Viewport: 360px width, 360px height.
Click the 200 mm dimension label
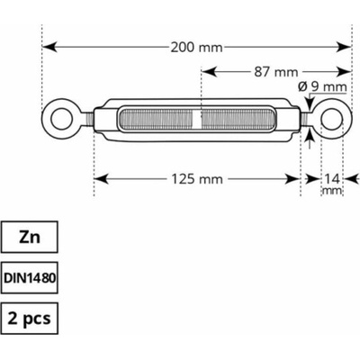pyautogui.click(x=196, y=48)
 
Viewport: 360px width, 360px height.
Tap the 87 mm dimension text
pyautogui.click(x=276, y=72)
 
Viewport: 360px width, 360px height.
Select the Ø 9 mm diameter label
pyautogui.click(x=322, y=87)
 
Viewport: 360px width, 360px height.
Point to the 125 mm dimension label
pyautogui.click(x=197, y=179)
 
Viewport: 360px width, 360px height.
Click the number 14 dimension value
pyautogui.click(x=331, y=179)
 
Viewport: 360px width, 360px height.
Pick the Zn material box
pyautogui.click(x=30, y=237)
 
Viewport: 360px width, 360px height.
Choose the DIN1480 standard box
pyautogui.click(x=30, y=278)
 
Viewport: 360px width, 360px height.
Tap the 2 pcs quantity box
pyautogui.click(x=30, y=319)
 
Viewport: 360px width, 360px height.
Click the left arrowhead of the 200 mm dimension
pyautogui.click(x=49, y=47)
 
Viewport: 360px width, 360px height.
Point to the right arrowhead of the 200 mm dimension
pyautogui.click(x=344, y=47)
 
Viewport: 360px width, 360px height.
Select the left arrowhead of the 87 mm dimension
pyautogui.click(x=209, y=72)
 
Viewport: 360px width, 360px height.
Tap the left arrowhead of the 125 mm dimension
pyautogui.click(x=101, y=179)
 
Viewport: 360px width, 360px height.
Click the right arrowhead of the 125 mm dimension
pyautogui.click(x=292, y=179)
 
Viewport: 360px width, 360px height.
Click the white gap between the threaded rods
pyautogui.click(x=197, y=120)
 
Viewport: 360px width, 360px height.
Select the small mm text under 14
pyautogui.click(x=331, y=191)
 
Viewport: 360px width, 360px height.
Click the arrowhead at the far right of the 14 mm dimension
pyautogui.click(x=352, y=179)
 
